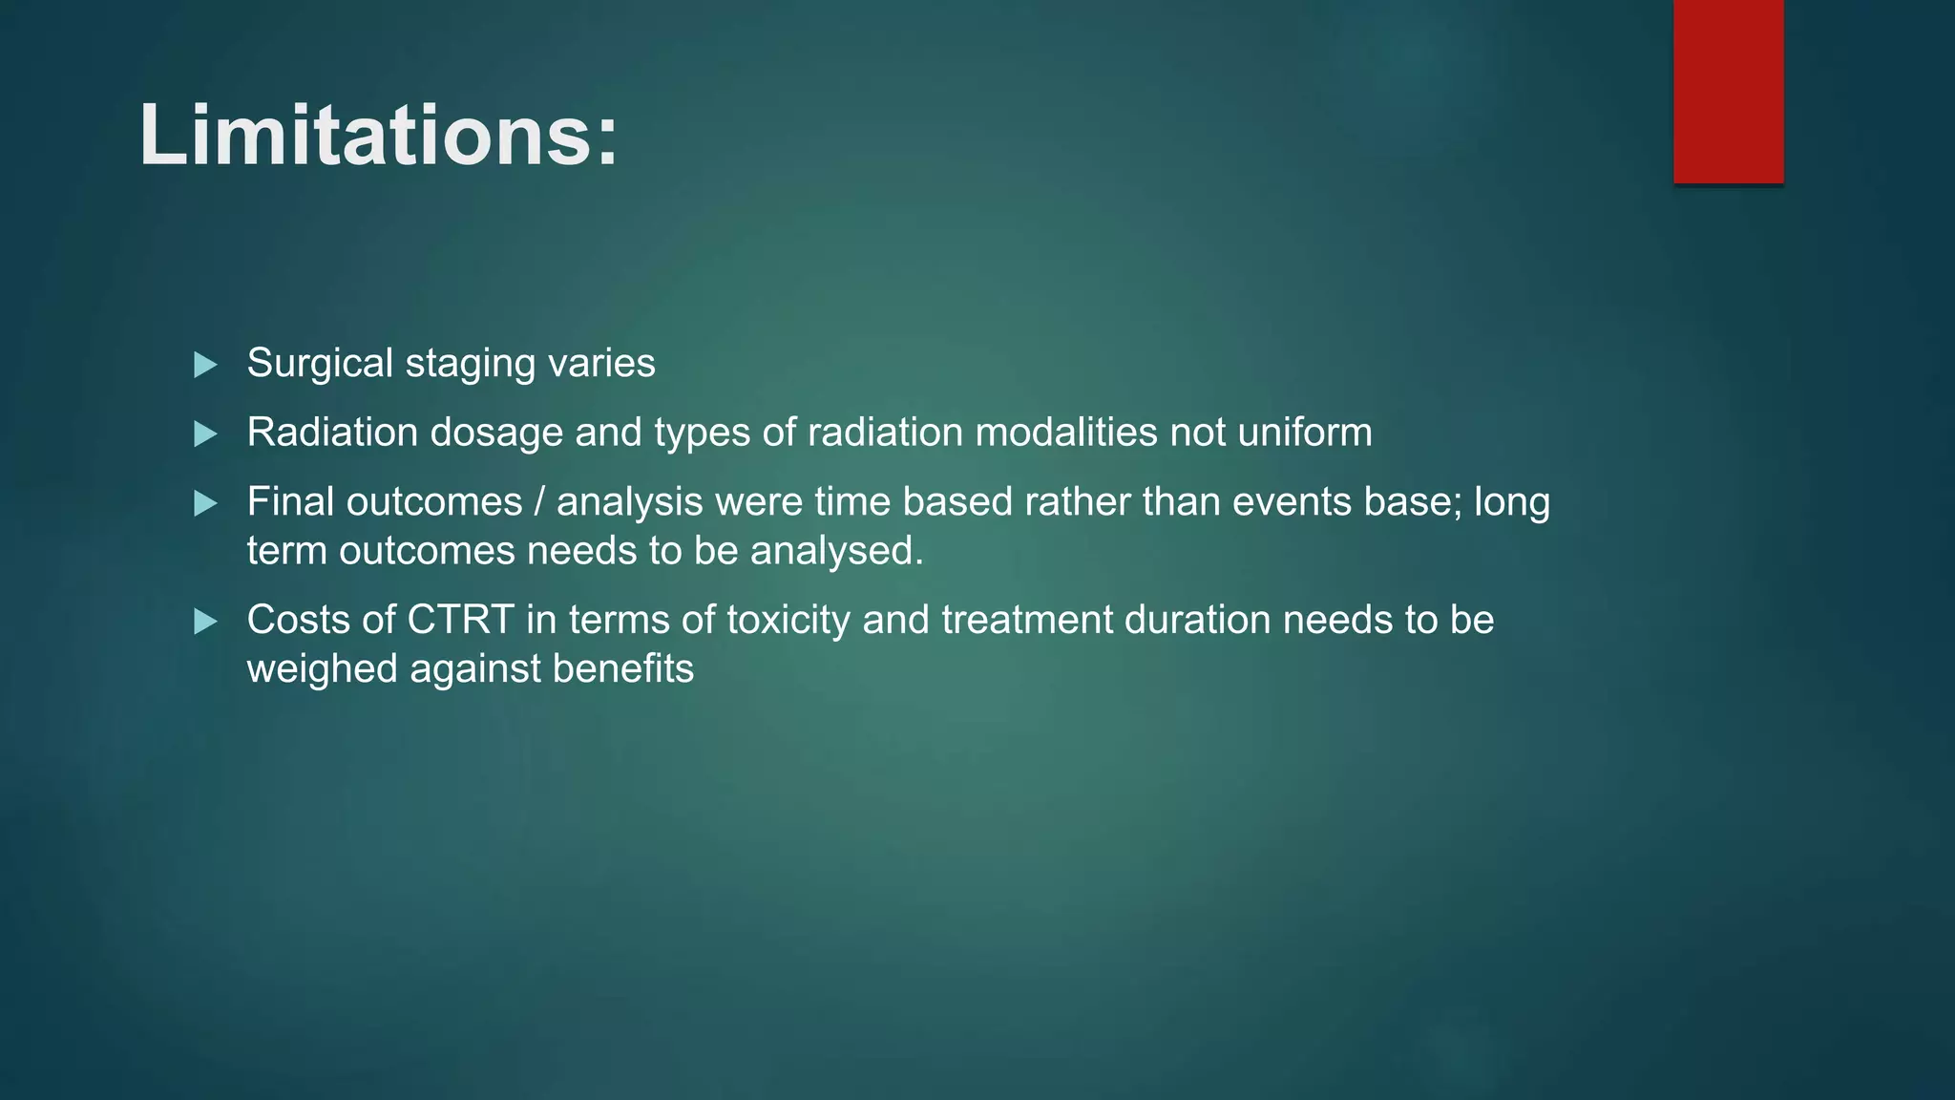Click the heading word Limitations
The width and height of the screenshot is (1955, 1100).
pyautogui.click(x=378, y=136)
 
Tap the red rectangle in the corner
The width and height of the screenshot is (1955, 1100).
pyautogui.click(x=1728, y=91)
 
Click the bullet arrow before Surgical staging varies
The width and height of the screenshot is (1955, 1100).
pyautogui.click(x=205, y=365)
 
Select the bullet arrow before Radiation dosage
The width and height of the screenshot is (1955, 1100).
pyautogui.click(x=205, y=434)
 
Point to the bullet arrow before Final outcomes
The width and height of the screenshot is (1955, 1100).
pyautogui.click(x=205, y=503)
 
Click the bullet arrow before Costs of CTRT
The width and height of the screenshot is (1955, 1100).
pyautogui.click(x=205, y=622)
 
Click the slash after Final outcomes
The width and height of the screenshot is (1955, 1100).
pyautogui.click(x=539, y=502)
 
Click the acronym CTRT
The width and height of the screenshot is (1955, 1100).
pyautogui.click(x=461, y=620)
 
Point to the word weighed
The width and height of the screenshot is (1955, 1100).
pyautogui.click(x=322, y=668)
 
